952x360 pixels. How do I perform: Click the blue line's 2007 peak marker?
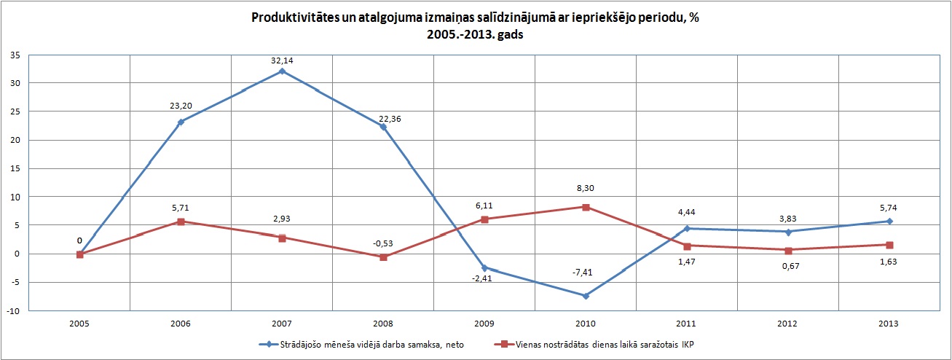tap(281, 71)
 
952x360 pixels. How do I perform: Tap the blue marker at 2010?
tap(586, 296)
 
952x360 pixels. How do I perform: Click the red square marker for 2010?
tap(586, 207)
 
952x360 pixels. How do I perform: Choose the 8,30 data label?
tap(586, 188)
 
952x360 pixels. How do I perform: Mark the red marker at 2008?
tap(383, 257)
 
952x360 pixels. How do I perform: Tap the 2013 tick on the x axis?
tap(889, 324)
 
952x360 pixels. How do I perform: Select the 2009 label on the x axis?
tap(484, 324)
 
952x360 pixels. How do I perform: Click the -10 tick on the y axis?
tap(13, 311)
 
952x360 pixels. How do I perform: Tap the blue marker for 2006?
tap(181, 122)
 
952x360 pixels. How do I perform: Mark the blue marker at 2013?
tap(889, 222)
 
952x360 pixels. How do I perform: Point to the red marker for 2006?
tap(181, 222)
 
